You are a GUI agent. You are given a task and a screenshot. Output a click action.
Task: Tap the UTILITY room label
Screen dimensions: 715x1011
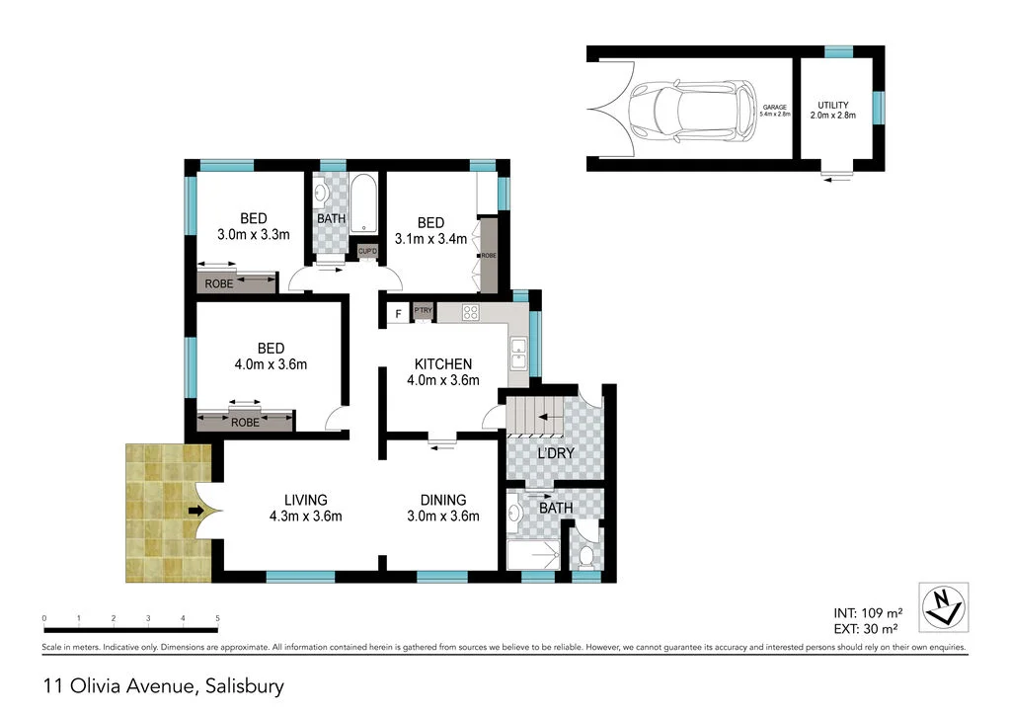click(832, 105)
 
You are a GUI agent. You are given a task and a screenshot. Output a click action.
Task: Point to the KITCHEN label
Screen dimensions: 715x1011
click(442, 364)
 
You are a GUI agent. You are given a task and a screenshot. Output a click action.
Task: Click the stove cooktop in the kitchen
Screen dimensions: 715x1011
click(471, 314)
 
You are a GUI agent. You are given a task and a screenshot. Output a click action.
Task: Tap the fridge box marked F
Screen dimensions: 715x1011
click(397, 315)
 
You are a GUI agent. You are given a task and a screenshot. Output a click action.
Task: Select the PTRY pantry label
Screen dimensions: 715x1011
click(424, 311)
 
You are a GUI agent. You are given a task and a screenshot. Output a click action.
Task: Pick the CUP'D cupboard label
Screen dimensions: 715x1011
click(367, 251)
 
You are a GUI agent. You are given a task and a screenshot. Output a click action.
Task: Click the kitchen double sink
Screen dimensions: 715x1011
click(518, 349)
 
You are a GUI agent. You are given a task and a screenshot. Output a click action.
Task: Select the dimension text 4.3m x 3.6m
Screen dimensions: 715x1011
click(306, 516)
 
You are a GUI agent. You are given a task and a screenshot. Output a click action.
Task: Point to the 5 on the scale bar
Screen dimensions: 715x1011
click(217, 618)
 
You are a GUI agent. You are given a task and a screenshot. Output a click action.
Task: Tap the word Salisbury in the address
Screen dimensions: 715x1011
click(242, 683)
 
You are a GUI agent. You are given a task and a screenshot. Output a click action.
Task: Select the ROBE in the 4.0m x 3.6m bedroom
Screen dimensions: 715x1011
click(245, 422)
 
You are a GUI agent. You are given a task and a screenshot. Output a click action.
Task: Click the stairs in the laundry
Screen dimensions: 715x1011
click(535, 416)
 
